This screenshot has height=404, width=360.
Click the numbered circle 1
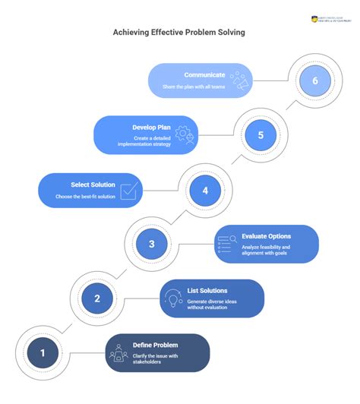click(x=43, y=352)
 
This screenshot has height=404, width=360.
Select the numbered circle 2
click(x=97, y=298)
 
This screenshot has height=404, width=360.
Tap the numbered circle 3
click(x=151, y=244)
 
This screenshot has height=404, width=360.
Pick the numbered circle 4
click(x=205, y=190)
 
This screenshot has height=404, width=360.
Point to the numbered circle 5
click(x=261, y=135)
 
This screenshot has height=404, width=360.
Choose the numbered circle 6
click(x=314, y=81)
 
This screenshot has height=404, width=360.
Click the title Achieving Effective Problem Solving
click(x=179, y=33)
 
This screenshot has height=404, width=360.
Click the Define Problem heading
click(x=155, y=346)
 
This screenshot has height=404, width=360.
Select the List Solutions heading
click(x=207, y=291)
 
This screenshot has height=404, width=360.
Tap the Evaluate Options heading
click(x=265, y=236)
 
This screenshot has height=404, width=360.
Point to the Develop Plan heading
click(x=137, y=128)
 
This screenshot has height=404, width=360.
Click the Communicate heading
click(x=204, y=74)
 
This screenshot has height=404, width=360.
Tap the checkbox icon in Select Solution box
click(x=129, y=191)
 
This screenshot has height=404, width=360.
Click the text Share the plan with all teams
click(x=194, y=87)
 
